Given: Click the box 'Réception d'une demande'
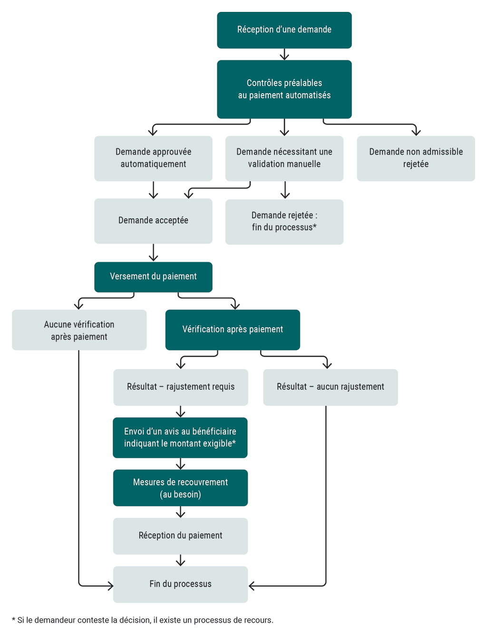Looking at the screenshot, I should pos(284,30).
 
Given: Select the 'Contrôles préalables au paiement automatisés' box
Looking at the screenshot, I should pos(284,89).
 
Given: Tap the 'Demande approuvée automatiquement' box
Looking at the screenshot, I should pos(153,158).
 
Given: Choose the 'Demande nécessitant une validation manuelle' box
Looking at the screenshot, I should pos(284,158).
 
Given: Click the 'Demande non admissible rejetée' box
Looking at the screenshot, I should pos(416,158).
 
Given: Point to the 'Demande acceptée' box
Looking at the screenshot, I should pos(153,221).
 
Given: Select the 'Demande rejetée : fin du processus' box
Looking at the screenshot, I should pos(284,222).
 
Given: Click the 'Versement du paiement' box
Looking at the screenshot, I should pos(153,277).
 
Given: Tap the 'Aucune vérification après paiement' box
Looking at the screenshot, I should pos(79,330).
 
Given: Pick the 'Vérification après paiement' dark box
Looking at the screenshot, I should pos(233,330).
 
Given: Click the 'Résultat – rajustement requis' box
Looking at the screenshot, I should pos(180,387).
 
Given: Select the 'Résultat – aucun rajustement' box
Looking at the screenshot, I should pos(330,387).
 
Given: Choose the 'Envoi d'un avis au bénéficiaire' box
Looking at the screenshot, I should pos(180,438).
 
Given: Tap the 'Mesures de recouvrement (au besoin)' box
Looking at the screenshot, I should pos(180,488).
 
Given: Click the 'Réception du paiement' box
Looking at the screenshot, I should pos(180,536).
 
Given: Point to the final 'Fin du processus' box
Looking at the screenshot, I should pos(180,584).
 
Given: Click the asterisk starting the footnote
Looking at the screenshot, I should pos(14,620).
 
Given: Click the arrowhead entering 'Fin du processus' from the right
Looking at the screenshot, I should pos(252,586).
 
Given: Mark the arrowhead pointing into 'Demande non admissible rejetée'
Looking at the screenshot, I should pos(416,132).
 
